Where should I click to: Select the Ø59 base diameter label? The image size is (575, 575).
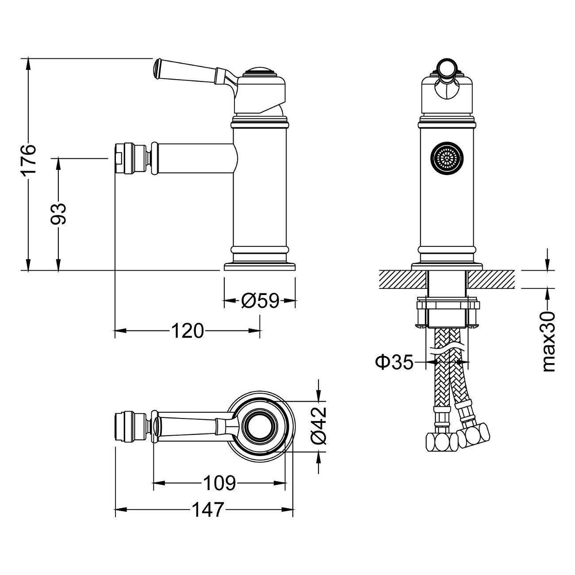pos(260,301)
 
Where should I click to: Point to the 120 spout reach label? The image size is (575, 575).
pos(188,330)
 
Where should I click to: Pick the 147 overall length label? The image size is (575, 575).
pos(208,510)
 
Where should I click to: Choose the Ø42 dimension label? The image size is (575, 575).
pos(319,425)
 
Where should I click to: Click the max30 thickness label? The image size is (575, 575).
pos(548,341)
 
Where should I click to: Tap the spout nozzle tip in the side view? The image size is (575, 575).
pos(119,158)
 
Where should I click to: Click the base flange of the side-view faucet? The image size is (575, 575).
pos(260,266)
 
